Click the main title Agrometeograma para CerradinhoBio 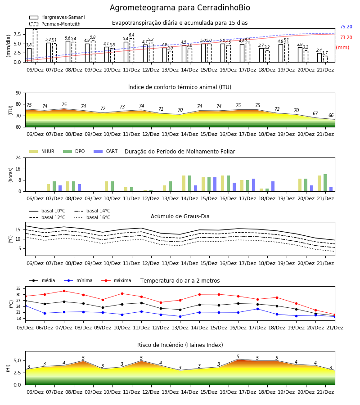180,8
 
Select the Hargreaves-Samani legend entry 57,17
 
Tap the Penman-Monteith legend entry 55,24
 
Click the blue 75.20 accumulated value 346,27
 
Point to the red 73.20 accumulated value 346,37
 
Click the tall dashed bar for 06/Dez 35,46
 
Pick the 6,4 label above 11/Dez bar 131,35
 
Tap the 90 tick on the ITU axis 18,93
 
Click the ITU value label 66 331,115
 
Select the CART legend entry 106,151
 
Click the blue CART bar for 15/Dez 215,184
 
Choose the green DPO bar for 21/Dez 325,183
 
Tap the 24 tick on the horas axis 18,158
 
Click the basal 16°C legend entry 92,217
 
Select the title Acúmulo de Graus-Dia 180,216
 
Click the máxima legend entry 116,280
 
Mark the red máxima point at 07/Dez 64,291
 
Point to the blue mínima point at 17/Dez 257,309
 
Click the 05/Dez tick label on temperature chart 25,328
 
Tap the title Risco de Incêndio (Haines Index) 180,345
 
